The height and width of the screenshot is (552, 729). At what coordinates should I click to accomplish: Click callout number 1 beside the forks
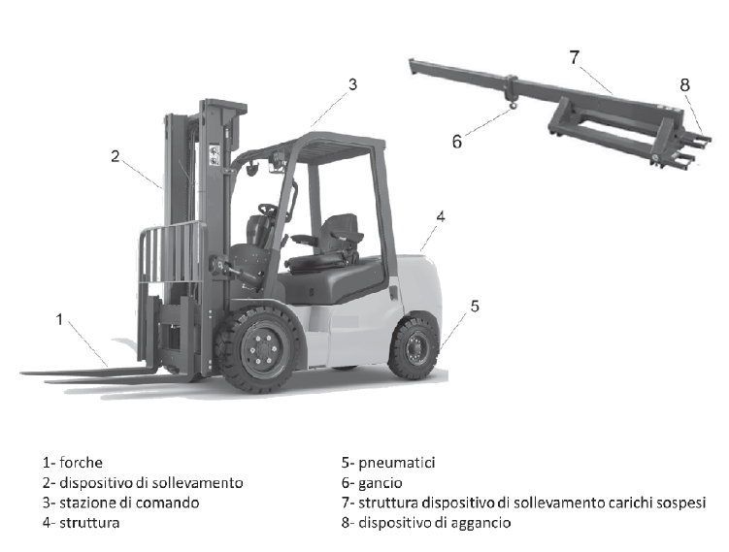pyautogui.click(x=59, y=319)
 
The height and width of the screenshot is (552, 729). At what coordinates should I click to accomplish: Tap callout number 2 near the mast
pyautogui.click(x=116, y=156)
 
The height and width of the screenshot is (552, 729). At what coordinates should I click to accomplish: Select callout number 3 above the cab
pyautogui.click(x=353, y=84)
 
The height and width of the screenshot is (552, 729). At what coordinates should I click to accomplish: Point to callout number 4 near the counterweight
pyautogui.click(x=441, y=216)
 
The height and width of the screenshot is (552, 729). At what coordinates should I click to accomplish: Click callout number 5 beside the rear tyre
pyautogui.click(x=475, y=307)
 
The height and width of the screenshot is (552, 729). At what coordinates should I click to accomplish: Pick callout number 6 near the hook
pyautogui.click(x=457, y=142)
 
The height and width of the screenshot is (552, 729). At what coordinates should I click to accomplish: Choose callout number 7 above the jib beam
pyautogui.click(x=575, y=57)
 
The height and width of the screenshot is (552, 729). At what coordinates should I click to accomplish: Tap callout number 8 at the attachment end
pyautogui.click(x=684, y=85)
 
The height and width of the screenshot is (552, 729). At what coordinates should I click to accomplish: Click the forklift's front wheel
pyautogui.click(x=261, y=349)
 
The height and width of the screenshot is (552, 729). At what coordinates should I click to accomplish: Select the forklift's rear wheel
pyautogui.click(x=413, y=346)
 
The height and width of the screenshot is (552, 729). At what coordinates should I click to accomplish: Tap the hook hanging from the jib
pyautogui.click(x=513, y=107)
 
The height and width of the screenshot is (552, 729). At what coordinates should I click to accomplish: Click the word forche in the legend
pyautogui.click(x=81, y=463)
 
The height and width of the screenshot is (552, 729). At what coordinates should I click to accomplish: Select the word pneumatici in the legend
pyautogui.click(x=397, y=464)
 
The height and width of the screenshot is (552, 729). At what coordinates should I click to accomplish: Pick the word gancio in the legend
pyautogui.click(x=381, y=484)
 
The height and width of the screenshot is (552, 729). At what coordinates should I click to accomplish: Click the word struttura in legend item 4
pyautogui.click(x=89, y=523)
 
